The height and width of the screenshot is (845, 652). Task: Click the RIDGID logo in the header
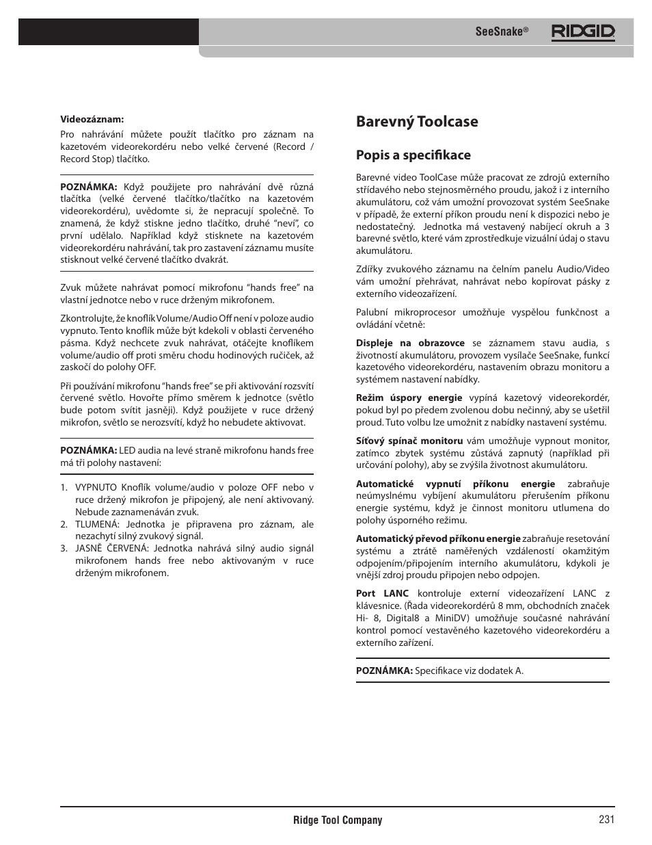point(583,31)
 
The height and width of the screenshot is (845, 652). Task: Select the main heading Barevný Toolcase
point(417,122)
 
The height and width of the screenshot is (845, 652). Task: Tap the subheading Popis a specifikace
point(413,155)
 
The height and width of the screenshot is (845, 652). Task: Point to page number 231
point(606,820)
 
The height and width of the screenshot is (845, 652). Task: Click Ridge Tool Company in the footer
point(338,820)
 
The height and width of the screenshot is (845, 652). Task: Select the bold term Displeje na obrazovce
point(410,343)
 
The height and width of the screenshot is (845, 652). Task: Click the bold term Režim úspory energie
point(409,398)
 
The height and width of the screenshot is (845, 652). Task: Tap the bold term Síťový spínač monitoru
point(409,441)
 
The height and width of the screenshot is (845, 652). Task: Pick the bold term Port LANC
point(382,594)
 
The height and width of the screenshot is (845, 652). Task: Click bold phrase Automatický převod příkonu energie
point(438,539)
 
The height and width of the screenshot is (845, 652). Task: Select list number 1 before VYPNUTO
point(64,488)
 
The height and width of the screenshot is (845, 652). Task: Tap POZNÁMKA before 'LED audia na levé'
point(89,451)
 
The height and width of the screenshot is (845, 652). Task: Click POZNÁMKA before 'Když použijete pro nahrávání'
point(89,187)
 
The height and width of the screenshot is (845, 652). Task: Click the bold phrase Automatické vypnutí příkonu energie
point(455,484)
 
